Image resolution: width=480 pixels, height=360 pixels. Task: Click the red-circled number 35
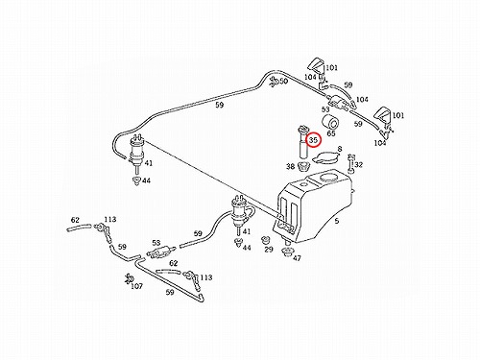tap(313, 140)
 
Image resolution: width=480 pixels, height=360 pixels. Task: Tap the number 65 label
tap(331, 133)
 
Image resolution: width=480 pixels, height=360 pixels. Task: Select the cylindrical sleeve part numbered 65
tap(330, 121)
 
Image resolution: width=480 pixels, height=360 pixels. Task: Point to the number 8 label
tap(340, 149)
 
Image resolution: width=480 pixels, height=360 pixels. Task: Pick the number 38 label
tap(290, 166)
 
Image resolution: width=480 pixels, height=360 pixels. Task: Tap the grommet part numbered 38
tap(303, 167)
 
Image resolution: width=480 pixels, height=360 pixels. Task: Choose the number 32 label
tap(359, 165)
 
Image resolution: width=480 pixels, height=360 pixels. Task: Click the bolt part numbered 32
tap(351, 163)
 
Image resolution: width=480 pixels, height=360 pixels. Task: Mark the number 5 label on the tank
tap(336, 221)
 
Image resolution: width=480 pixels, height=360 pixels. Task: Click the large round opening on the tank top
tap(328, 178)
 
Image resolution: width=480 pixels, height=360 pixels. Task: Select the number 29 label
tap(269, 249)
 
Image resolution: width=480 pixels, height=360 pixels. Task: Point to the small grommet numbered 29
tap(266, 240)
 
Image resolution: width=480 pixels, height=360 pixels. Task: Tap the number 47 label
tap(297, 257)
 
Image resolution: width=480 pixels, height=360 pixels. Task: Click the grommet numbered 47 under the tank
tap(287, 252)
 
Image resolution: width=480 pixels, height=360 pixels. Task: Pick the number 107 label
tap(136, 286)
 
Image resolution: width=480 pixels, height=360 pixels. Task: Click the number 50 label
tap(283, 81)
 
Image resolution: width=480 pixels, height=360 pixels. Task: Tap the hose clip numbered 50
tap(274, 82)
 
